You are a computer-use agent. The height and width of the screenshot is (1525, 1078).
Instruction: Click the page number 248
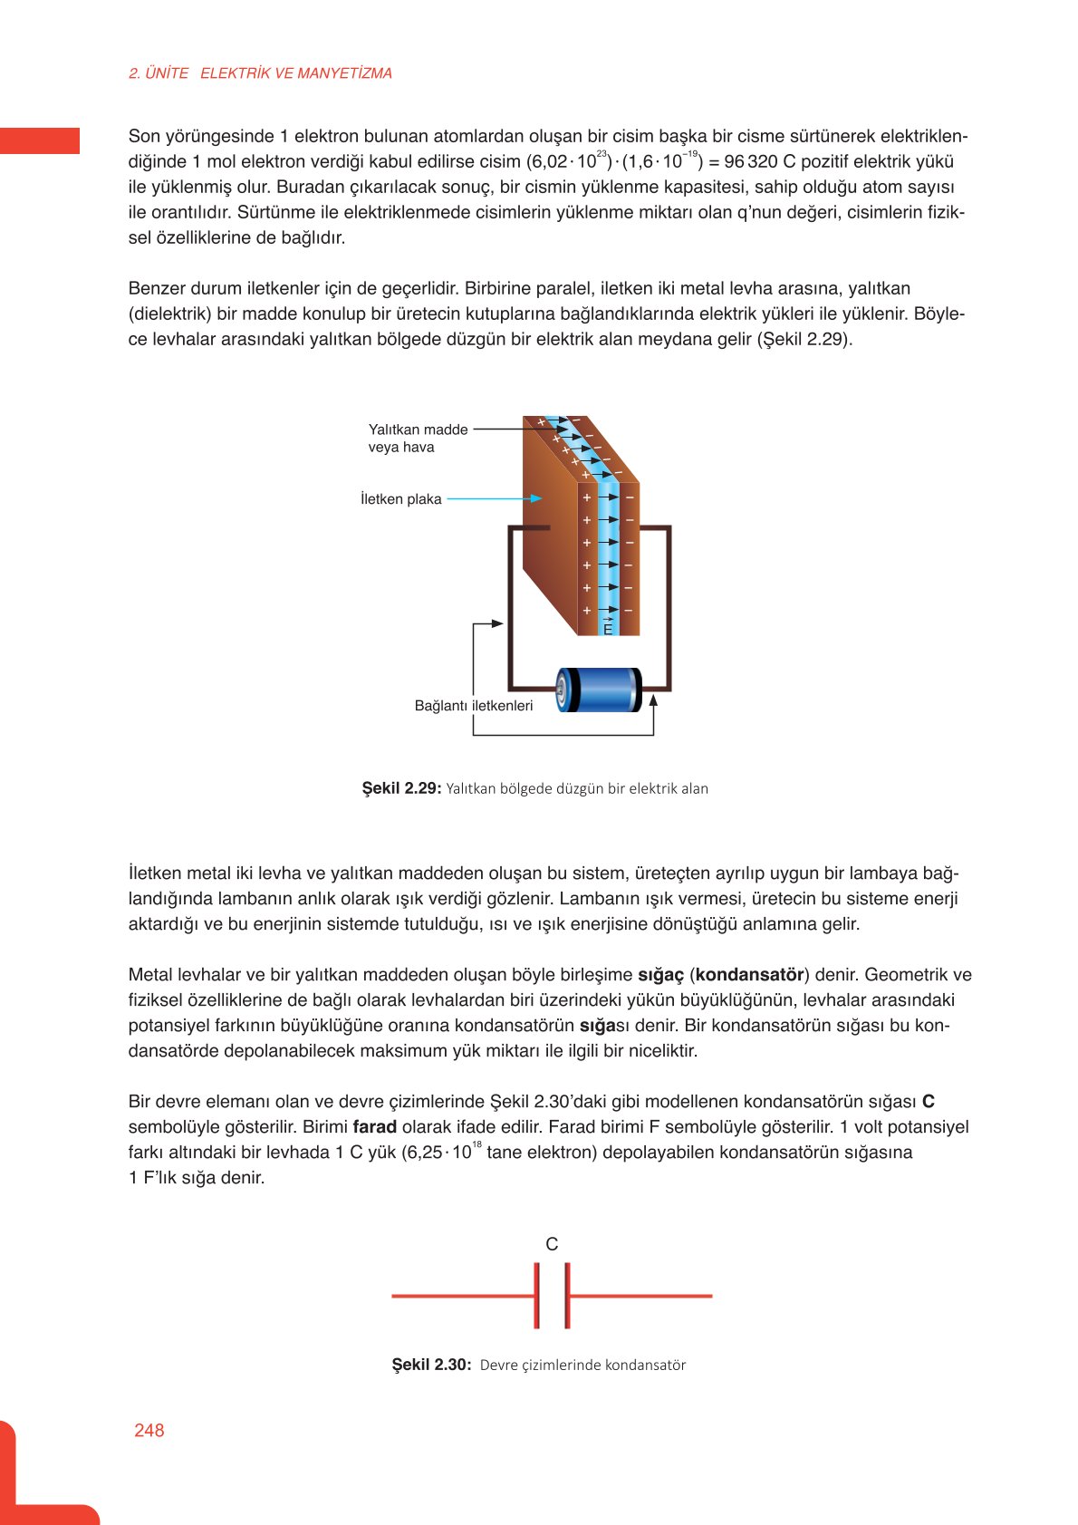149,1430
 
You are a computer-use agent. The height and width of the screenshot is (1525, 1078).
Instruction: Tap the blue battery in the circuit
599,690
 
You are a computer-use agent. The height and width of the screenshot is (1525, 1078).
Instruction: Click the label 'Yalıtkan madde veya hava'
418,438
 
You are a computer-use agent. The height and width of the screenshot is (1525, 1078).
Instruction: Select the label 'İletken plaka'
400,499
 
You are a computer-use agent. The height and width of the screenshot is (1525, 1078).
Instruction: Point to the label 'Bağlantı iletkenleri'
473,705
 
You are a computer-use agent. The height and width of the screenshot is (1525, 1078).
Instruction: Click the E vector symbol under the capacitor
608,627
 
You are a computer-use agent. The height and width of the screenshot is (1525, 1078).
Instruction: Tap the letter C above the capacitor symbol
552,1244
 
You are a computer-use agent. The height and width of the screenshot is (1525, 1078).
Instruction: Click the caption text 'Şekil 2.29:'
401,788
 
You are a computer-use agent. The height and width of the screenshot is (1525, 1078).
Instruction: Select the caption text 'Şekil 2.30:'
431,1365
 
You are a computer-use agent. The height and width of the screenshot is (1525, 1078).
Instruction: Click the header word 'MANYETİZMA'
344,73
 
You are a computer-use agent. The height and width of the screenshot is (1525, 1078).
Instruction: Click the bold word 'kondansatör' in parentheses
749,975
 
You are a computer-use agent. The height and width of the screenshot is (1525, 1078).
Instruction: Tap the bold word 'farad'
374,1127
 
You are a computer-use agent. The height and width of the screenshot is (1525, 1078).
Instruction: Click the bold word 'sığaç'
660,975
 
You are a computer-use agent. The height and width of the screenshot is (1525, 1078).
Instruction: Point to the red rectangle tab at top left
40,140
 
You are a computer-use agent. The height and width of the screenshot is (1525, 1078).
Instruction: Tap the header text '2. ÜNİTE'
159,73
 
